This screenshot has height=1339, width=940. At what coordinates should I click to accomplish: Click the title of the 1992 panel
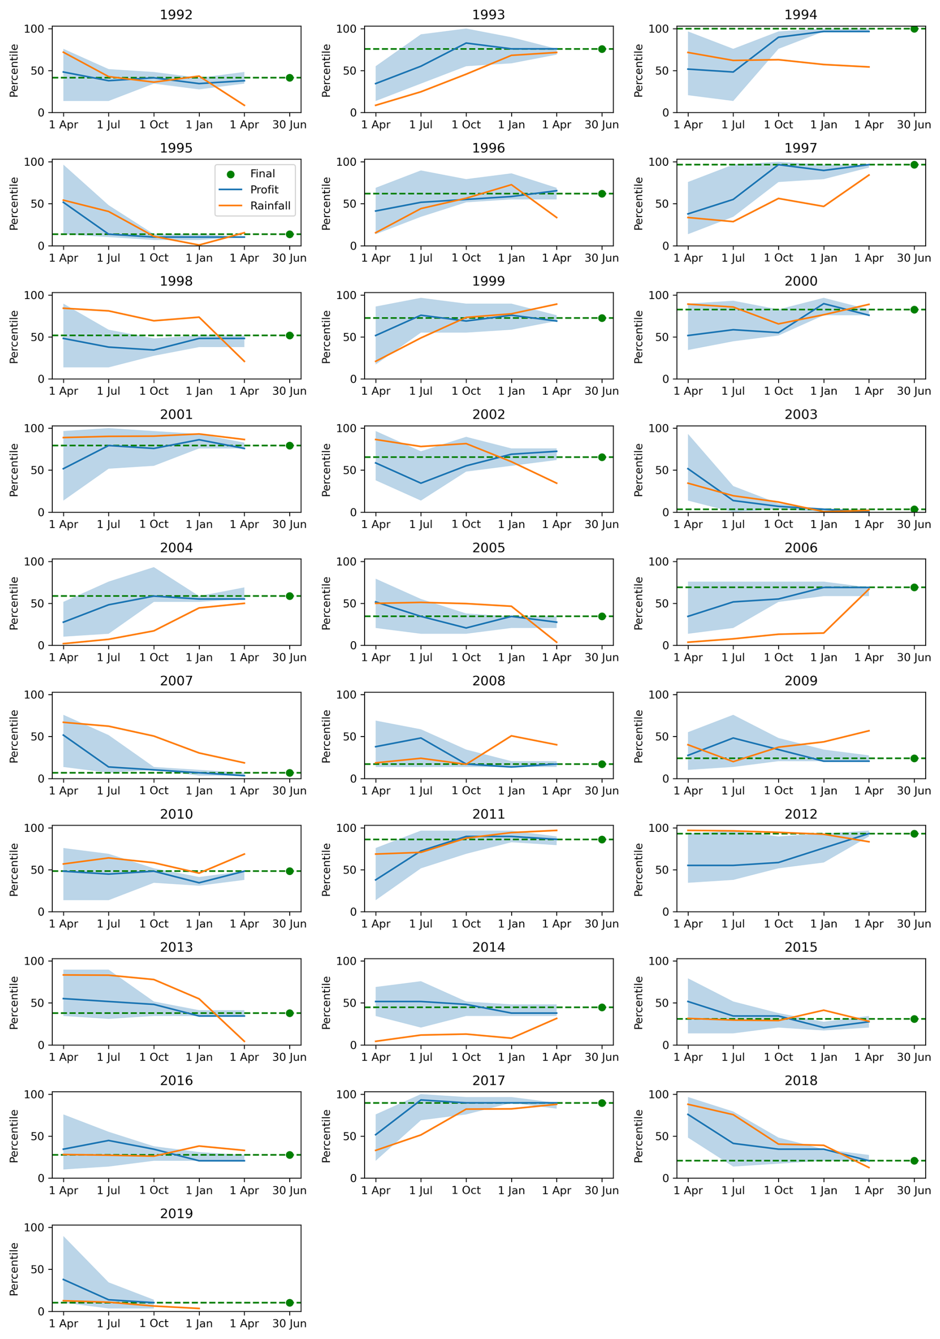(176, 14)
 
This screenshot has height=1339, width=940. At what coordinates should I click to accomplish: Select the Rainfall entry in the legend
(270, 205)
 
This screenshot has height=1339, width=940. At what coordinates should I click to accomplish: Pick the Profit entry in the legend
(264, 190)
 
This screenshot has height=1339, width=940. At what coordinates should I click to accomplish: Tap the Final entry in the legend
(262, 174)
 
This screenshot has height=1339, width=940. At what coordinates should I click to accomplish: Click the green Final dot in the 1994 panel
(914, 29)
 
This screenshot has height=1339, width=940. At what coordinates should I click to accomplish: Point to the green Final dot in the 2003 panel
(914, 509)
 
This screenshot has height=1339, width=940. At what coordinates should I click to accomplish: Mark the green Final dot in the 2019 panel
(290, 1302)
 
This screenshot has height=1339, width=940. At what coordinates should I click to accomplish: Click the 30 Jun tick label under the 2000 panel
(914, 391)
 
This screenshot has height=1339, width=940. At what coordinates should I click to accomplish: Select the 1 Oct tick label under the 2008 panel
(466, 790)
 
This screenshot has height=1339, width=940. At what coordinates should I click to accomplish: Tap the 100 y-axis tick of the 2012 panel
(658, 827)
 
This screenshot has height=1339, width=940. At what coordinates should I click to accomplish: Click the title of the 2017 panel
(488, 1081)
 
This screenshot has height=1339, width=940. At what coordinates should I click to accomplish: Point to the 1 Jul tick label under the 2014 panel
(421, 1057)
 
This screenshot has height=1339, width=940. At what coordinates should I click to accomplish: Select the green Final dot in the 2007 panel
(290, 773)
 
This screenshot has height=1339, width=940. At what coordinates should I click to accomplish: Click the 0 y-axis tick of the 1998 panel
(41, 379)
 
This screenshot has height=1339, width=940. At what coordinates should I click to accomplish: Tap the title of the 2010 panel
(176, 814)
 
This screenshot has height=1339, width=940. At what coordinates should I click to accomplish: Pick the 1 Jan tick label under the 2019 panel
(199, 1323)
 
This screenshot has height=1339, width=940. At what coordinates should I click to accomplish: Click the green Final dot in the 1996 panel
(602, 194)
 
